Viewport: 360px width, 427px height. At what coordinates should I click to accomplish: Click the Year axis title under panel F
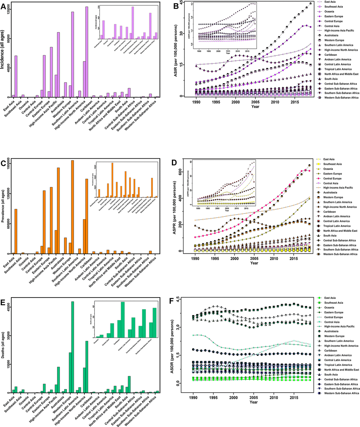pos(253,402)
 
